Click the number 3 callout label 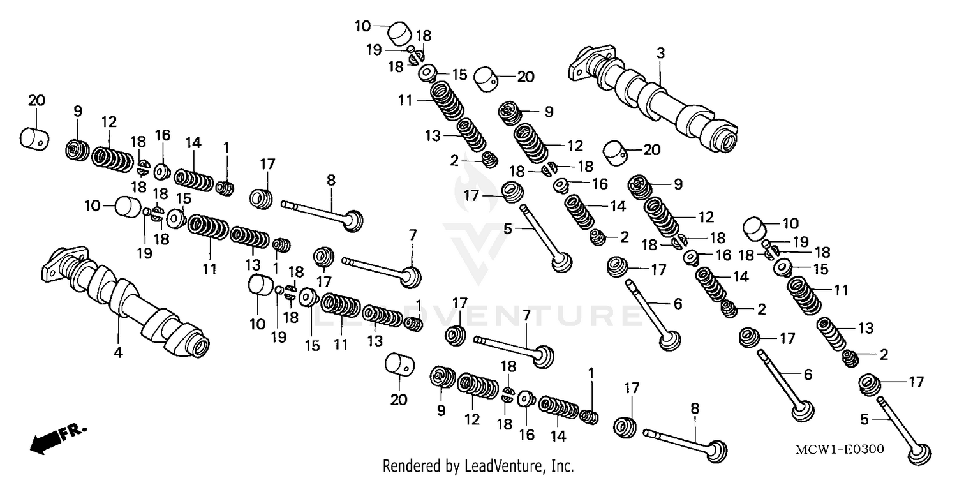pyautogui.click(x=660, y=54)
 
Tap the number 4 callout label pyautogui.click(x=118, y=352)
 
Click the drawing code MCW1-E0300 pyautogui.click(x=839, y=449)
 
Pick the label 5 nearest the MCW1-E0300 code pyautogui.click(x=864, y=419)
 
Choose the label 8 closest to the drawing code pyautogui.click(x=695, y=407)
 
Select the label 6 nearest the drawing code pyautogui.click(x=808, y=375)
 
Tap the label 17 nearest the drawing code pyautogui.click(x=916, y=382)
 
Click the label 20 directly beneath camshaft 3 pyautogui.click(x=651, y=150)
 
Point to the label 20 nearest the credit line pyautogui.click(x=399, y=400)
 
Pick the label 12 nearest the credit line pyautogui.click(x=472, y=419)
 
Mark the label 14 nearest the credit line pyautogui.click(x=558, y=436)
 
